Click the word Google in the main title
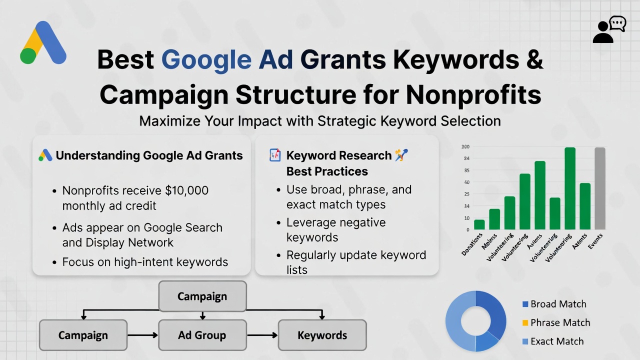click(x=206, y=59)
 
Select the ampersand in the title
click(x=533, y=59)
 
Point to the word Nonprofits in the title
click(x=473, y=94)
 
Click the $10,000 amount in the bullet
click(x=186, y=190)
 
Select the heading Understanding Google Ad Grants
click(x=149, y=155)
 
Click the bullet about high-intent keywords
click(x=145, y=262)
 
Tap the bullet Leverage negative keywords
click(x=335, y=229)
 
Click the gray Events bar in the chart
click(x=599, y=188)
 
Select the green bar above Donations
click(x=479, y=224)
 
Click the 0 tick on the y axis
click(x=467, y=230)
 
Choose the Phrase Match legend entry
click(x=559, y=322)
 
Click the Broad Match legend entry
click(x=558, y=304)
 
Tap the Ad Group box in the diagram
click(x=202, y=335)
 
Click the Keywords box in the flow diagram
click(x=322, y=335)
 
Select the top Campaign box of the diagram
click(x=202, y=296)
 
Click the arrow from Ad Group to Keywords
click(x=262, y=335)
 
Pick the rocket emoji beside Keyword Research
click(x=401, y=155)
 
